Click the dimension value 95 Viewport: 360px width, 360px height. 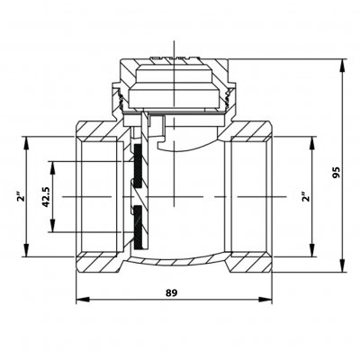click(337, 173)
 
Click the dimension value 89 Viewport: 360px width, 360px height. click(172, 292)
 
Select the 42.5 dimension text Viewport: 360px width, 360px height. click(46, 197)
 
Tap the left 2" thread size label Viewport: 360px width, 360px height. click(21, 198)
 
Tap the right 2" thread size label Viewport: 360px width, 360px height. click(305, 196)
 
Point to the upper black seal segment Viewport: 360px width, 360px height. click(139, 166)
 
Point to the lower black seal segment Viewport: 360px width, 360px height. click(139, 228)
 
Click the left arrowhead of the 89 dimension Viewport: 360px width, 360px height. click(83, 300)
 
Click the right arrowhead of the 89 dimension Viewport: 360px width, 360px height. click(265, 300)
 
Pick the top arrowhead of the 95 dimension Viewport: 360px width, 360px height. click(342, 66)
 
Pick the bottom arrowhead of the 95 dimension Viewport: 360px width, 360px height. click(342, 265)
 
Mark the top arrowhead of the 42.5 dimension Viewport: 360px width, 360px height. click(53, 168)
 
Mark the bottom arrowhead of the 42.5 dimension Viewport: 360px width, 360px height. click(53, 225)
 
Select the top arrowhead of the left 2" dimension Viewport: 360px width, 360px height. click(27, 144)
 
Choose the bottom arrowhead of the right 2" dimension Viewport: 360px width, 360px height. click(312, 250)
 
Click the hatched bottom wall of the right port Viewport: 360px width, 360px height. click(250, 263)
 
